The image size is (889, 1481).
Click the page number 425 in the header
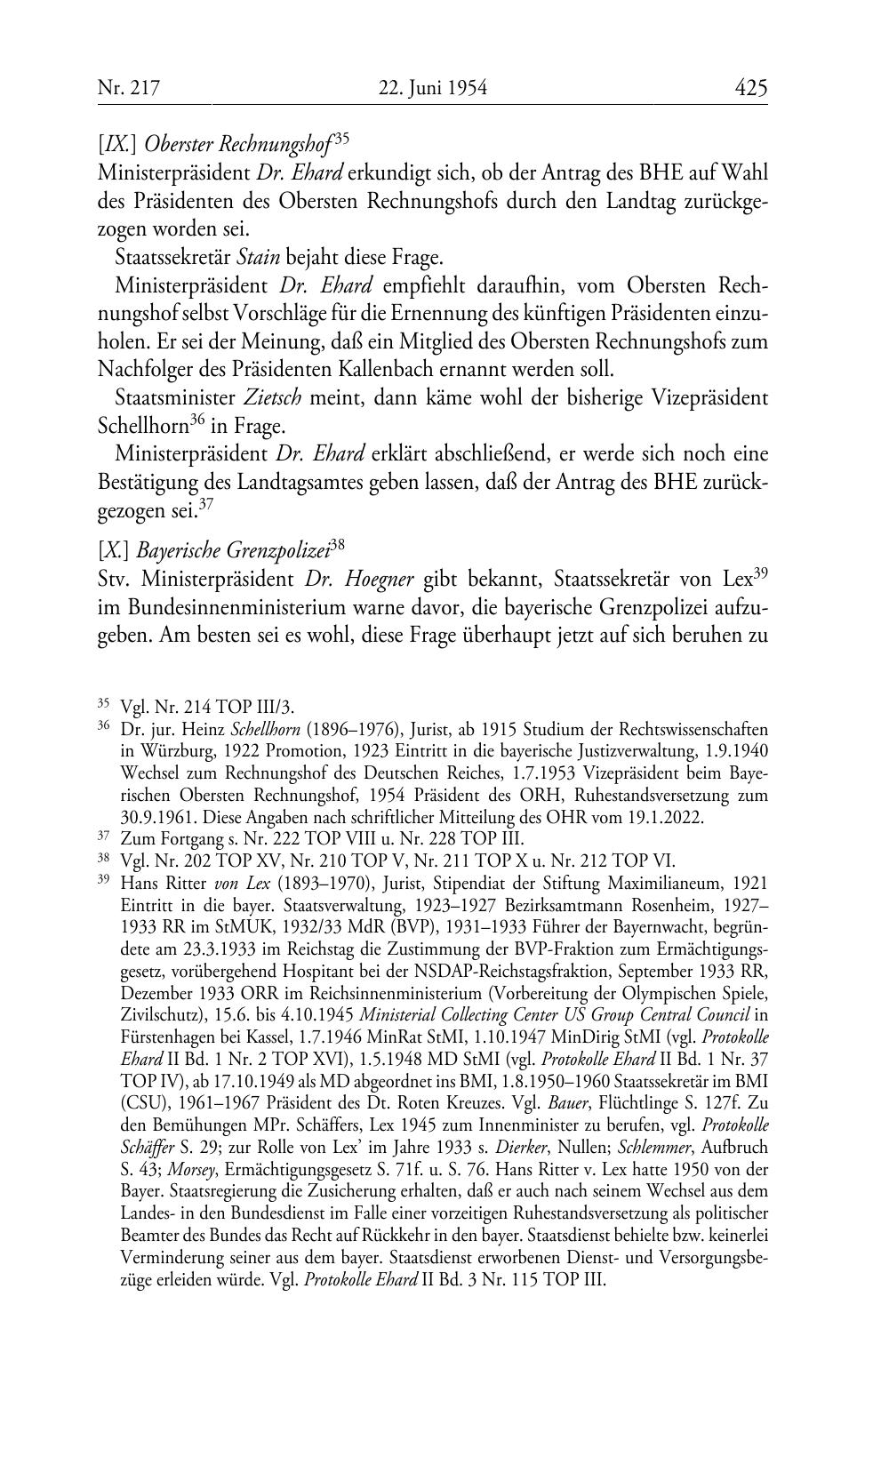pos(750,88)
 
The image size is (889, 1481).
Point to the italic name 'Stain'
pos(259,258)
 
